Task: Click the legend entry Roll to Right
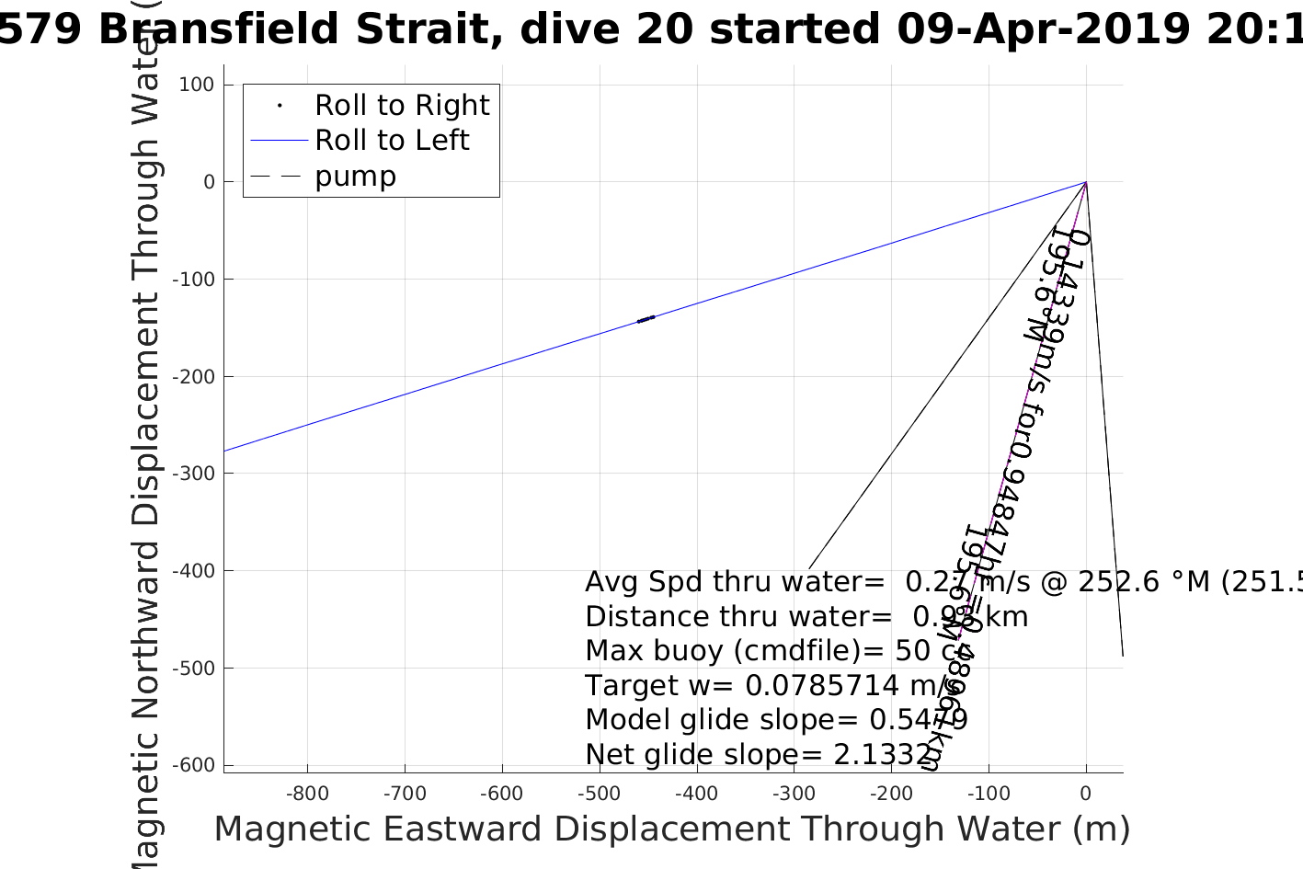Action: coord(401,106)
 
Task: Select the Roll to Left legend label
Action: coord(392,141)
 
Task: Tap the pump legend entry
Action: coord(355,177)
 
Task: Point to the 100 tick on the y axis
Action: coord(196,85)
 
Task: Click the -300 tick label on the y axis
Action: coord(191,474)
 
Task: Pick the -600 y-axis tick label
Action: coord(191,765)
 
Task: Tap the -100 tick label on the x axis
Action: coord(989,794)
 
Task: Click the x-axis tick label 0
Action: coord(1086,794)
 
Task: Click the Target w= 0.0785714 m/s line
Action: coord(772,686)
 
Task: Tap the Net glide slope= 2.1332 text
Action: coord(759,755)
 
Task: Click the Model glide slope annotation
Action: coord(776,720)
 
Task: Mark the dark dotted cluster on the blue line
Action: coord(646,319)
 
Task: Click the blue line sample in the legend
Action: coord(279,141)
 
